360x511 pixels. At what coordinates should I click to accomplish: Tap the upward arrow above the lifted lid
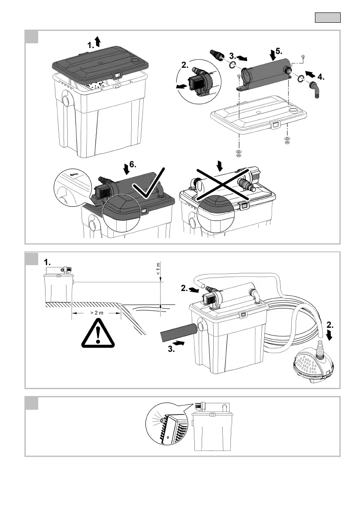tap(97, 41)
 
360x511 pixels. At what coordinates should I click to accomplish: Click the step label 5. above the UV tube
tap(278, 51)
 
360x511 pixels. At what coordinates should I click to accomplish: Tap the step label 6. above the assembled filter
tap(133, 164)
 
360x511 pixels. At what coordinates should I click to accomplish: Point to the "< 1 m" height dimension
tap(158, 269)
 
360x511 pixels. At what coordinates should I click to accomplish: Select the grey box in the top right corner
tap(328, 18)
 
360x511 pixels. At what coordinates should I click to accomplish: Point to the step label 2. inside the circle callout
tap(185, 66)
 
